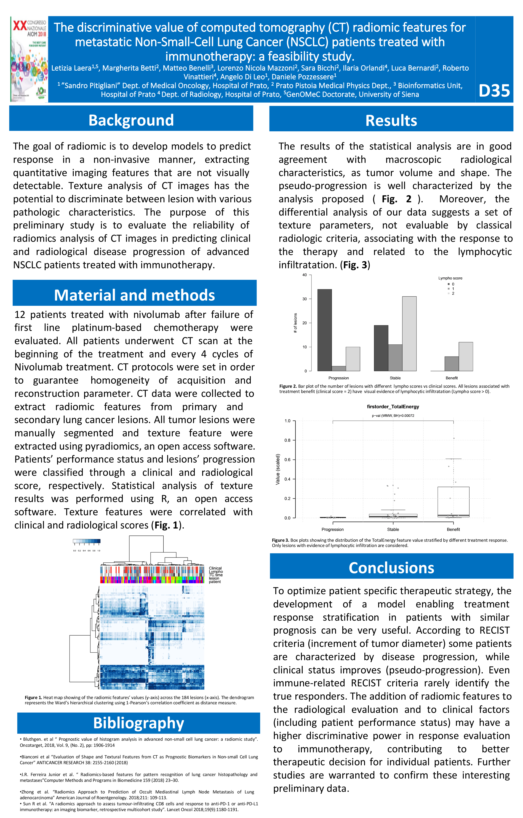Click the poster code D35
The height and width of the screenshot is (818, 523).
(494, 91)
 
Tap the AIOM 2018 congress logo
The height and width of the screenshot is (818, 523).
(30, 59)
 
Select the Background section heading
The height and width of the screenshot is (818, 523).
(131, 120)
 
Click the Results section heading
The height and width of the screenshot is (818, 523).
(391, 121)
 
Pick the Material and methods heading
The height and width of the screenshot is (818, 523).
(135, 295)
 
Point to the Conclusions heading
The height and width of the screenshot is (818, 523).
(391, 568)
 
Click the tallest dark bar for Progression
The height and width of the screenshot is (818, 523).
(324, 330)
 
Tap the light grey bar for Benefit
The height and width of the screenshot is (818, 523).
(466, 356)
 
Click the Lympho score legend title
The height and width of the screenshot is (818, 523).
(450, 278)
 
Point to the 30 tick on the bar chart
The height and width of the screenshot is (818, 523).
(305, 299)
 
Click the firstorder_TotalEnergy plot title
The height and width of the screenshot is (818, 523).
(393, 407)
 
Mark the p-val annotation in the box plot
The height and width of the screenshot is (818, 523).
(393, 415)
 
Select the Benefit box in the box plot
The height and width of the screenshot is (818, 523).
(453, 502)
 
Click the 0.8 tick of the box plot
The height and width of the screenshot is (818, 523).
(287, 440)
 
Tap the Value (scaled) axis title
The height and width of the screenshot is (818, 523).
(278, 469)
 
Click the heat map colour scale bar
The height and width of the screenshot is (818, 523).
(87, 541)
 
